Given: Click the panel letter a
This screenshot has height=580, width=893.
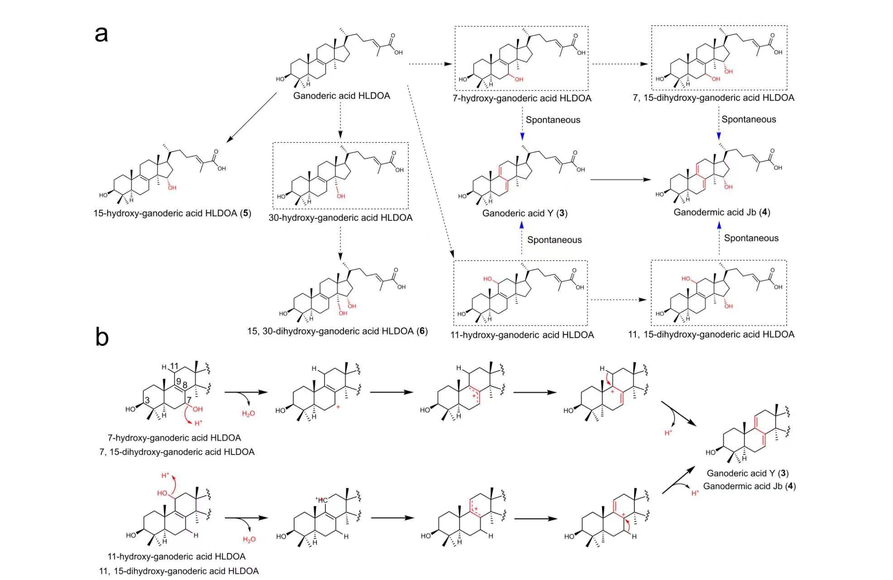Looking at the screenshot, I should pyautogui.click(x=101, y=34).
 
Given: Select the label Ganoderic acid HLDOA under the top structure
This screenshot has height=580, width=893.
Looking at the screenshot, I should pyautogui.click(x=341, y=96).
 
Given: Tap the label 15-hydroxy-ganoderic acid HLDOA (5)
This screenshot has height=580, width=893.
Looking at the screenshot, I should pyautogui.click(x=172, y=213).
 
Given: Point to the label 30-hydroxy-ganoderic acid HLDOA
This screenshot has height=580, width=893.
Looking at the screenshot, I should pyautogui.click(x=340, y=217).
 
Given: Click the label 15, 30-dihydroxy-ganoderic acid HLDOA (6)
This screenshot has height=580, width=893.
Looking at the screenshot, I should pyautogui.click(x=337, y=331).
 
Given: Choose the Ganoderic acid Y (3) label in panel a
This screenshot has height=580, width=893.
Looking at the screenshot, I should pyautogui.click(x=525, y=213).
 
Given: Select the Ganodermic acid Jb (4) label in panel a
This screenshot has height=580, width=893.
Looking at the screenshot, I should pyautogui.click(x=721, y=212).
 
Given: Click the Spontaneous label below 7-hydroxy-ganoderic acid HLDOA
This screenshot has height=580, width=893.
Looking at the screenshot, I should pyautogui.click(x=553, y=120).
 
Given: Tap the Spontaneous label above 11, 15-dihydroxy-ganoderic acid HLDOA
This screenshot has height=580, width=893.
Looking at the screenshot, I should pyautogui.click(x=751, y=238).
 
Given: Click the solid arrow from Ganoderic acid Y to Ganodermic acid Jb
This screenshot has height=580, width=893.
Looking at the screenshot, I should pyautogui.click(x=620, y=180).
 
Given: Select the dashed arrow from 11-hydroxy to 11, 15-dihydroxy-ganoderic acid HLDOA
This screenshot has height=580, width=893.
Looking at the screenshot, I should pyautogui.click(x=618, y=300).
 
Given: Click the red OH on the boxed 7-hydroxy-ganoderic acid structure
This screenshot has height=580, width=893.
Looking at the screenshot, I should pyautogui.click(x=519, y=79).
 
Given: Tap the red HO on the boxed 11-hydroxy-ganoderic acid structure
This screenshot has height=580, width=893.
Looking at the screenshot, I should pyautogui.click(x=488, y=279).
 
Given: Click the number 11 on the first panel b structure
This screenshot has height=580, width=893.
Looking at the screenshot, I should pyautogui.click(x=174, y=366).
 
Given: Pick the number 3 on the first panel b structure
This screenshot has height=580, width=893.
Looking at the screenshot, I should pyautogui.click(x=147, y=400).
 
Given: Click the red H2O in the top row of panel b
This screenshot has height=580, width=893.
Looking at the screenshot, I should pyautogui.click(x=248, y=414).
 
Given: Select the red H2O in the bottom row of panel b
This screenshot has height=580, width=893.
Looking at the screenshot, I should pyautogui.click(x=249, y=539).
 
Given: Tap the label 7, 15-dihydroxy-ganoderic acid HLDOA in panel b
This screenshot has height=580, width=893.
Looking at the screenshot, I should pyautogui.click(x=177, y=452).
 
